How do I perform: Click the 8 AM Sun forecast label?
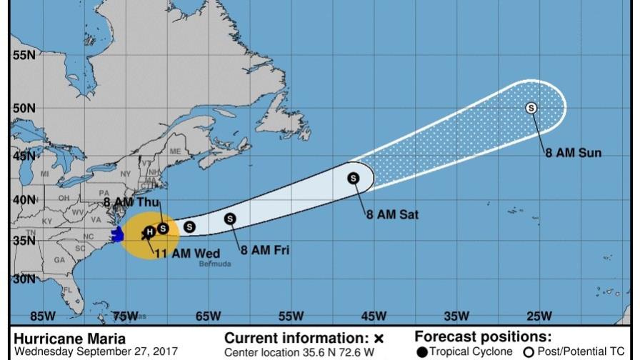pyautogui.click(x=574, y=153)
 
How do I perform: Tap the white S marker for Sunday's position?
pyautogui.click(x=531, y=108)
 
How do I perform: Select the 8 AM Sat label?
pyautogui.click(x=392, y=214)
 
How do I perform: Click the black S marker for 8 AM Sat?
pyautogui.click(x=353, y=178)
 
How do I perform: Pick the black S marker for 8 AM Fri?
pyautogui.click(x=230, y=219)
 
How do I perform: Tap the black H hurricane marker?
pyautogui.click(x=149, y=231)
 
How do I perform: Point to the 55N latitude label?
pyautogui.click(x=24, y=54)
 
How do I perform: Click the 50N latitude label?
pyautogui.click(x=24, y=108)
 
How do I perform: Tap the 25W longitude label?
pyautogui.click(x=539, y=316)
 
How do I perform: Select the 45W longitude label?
pyautogui.click(x=374, y=316)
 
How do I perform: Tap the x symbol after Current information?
pyautogui.click(x=379, y=338)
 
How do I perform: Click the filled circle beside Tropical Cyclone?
pyautogui.click(x=422, y=351)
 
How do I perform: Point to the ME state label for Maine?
pyautogui.click(x=175, y=151)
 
